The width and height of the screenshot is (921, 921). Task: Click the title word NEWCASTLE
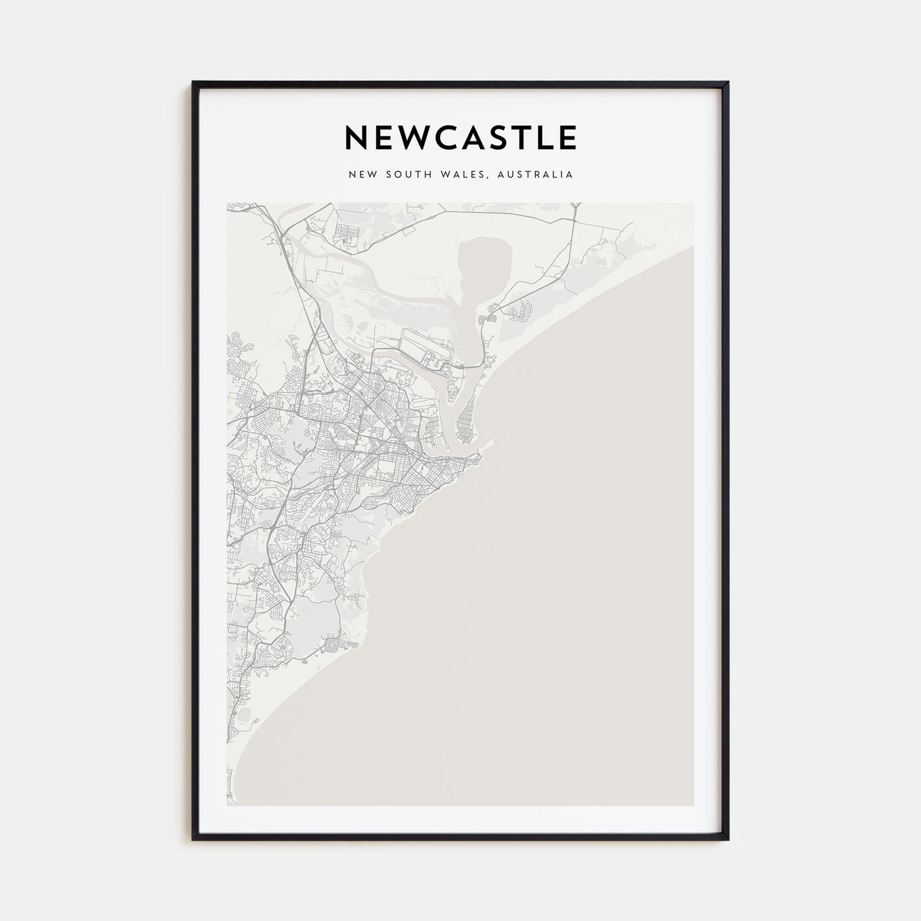click(x=460, y=137)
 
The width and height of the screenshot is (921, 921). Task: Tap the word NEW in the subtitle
click(x=364, y=175)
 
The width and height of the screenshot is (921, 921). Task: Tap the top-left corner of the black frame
click(x=193, y=83)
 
